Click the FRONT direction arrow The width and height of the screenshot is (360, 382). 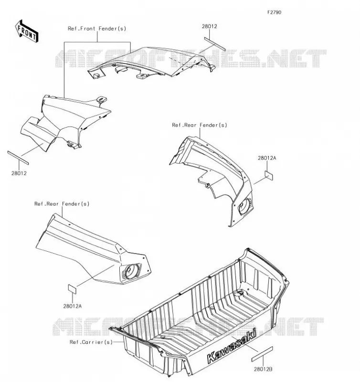pyautogui.click(x=27, y=31)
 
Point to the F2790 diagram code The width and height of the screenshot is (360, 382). pyautogui.click(x=274, y=12)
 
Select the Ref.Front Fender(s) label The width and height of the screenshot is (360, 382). pyautogui.click(x=97, y=29)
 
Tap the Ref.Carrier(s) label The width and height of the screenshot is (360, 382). pyautogui.click(x=91, y=342)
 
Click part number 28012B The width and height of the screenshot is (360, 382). pyautogui.click(x=263, y=369)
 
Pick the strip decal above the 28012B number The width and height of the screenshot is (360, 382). pyautogui.click(x=262, y=354)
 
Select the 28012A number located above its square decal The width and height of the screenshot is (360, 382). pyautogui.click(x=267, y=158)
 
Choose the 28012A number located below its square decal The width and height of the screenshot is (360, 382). pyautogui.click(x=73, y=306)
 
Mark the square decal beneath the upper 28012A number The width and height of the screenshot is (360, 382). pyautogui.click(x=269, y=175)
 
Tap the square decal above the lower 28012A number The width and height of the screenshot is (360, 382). pyautogui.click(x=72, y=289)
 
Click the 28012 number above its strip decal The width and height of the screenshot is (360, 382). pyautogui.click(x=209, y=26)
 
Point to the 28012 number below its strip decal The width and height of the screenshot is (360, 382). pyautogui.click(x=19, y=173)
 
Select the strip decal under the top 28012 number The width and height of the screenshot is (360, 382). pyautogui.click(x=215, y=44)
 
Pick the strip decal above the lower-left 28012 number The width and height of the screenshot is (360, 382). pyautogui.click(x=18, y=158)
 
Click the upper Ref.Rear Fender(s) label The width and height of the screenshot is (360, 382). pyautogui.click(x=200, y=125)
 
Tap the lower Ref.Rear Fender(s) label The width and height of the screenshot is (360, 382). pyautogui.click(x=62, y=204)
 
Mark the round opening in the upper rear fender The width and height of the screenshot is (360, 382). pyautogui.click(x=245, y=206)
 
